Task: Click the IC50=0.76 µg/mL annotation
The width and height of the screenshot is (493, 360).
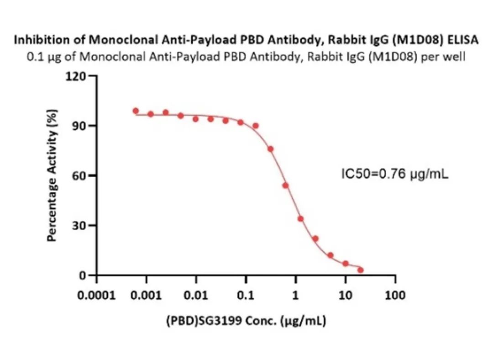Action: tap(395, 174)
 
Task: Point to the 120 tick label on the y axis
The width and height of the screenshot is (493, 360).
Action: tap(76, 76)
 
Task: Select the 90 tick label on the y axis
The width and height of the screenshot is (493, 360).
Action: tap(80, 126)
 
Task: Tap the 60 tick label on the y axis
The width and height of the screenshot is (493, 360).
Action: tap(80, 175)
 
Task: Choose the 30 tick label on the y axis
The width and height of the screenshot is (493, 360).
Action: tap(80, 225)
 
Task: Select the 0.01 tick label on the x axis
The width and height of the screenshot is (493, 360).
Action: tap(196, 296)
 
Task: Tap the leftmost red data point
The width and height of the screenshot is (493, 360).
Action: tap(136, 111)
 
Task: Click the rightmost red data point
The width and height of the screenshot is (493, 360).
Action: tap(361, 270)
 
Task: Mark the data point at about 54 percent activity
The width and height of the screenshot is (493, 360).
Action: tap(285, 185)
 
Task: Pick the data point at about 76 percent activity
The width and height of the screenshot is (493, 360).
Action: tap(271, 149)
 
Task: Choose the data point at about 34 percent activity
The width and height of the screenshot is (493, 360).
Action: tap(300, 219)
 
